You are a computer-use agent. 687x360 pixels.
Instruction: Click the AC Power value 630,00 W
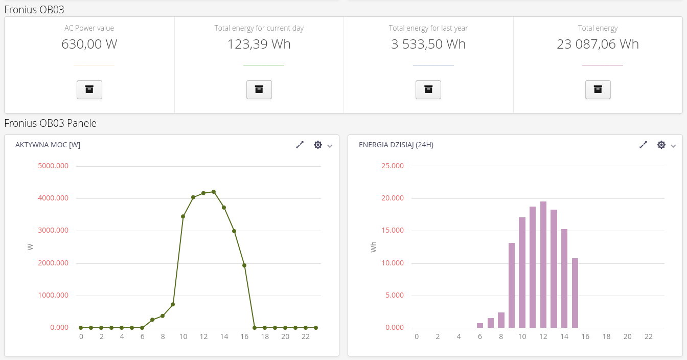[89, 44]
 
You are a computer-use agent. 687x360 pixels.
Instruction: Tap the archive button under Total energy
[598, 89]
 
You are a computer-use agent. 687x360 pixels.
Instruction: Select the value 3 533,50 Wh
[428, 44]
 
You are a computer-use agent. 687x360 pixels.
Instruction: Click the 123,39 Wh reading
[259, 44]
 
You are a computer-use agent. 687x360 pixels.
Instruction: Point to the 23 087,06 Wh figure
[598, 44]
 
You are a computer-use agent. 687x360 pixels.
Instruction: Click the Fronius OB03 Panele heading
[50, 123]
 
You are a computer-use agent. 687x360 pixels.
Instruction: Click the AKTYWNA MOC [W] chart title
[48, 145]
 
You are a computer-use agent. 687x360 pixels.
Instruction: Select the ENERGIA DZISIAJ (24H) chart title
[396, 145]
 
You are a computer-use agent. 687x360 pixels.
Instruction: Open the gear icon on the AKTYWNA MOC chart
[318, 145]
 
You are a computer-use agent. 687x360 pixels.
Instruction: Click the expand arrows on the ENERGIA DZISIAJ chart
[643, 145]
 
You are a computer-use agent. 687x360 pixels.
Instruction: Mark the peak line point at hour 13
[214, 192]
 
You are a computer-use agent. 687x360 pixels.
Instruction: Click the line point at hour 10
[183, 216]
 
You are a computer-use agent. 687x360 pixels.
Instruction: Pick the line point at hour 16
[244, 265]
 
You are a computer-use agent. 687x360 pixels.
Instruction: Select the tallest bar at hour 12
[543, 264]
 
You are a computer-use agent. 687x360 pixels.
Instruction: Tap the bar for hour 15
[575, 293]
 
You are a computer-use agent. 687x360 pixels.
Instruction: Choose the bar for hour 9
[512, 285]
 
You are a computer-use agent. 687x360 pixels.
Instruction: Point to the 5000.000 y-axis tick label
[53, 166]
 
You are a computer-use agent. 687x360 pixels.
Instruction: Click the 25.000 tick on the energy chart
[393, 166]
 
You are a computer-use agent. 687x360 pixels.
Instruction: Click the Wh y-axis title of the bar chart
[374, 247]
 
